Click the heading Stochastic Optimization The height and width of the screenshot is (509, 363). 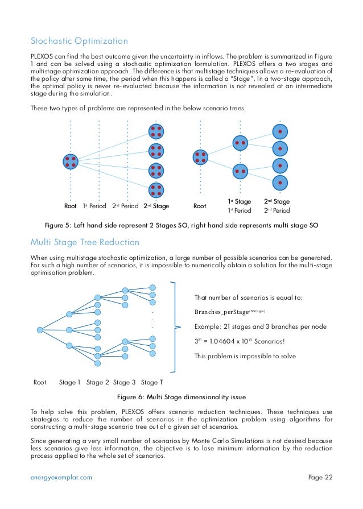(x=79, y=41)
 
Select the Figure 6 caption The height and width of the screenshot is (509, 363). (x=181, y=396)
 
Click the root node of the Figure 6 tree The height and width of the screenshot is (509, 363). (x=40, y=330)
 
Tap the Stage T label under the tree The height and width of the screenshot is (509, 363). (x=153, y=382)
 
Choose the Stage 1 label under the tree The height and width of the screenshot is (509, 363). (x=70, y=382)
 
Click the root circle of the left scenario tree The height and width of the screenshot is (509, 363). (x=71, y=161)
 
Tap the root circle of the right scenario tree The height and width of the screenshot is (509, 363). (x=200, y=156)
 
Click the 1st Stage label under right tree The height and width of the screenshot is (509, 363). (x=240, y=201)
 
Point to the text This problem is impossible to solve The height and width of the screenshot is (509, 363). (x=237, y=357)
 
